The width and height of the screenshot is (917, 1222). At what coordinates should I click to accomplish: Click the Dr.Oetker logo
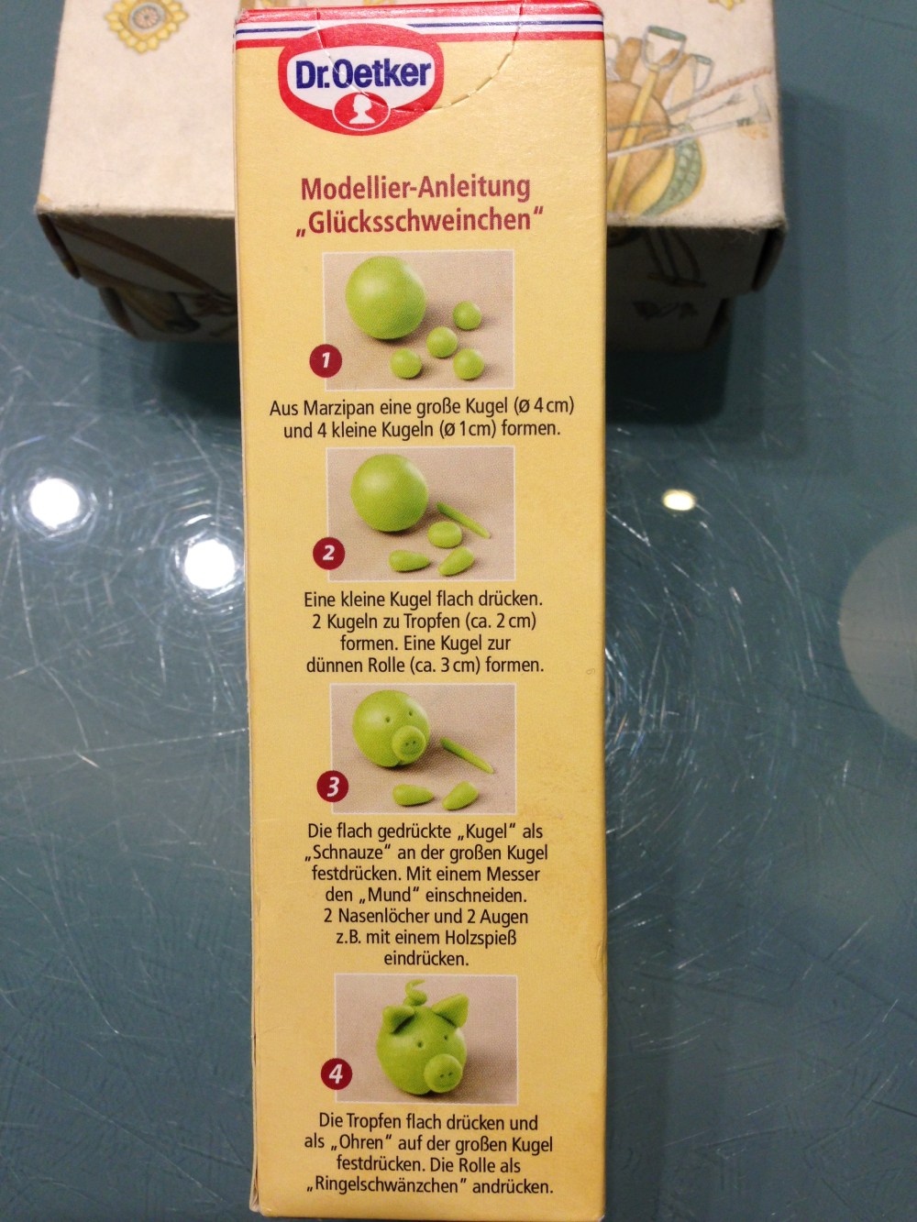tap(362, 87)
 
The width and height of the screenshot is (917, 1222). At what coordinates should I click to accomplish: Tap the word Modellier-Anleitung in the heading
tap(415, 189)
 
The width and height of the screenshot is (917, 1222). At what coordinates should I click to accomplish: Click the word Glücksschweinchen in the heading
tap(419, 221)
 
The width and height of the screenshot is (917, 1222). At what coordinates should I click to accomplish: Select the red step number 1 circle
tap(326, 361)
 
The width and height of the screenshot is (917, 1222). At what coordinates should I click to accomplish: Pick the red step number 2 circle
tap(328, 554)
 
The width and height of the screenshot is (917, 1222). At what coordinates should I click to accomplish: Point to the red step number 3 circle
tap(332, 787)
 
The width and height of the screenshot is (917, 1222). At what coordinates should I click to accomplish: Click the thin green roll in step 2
tap(463, 520)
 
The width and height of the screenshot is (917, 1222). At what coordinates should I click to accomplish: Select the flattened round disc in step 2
tap(445, 534)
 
